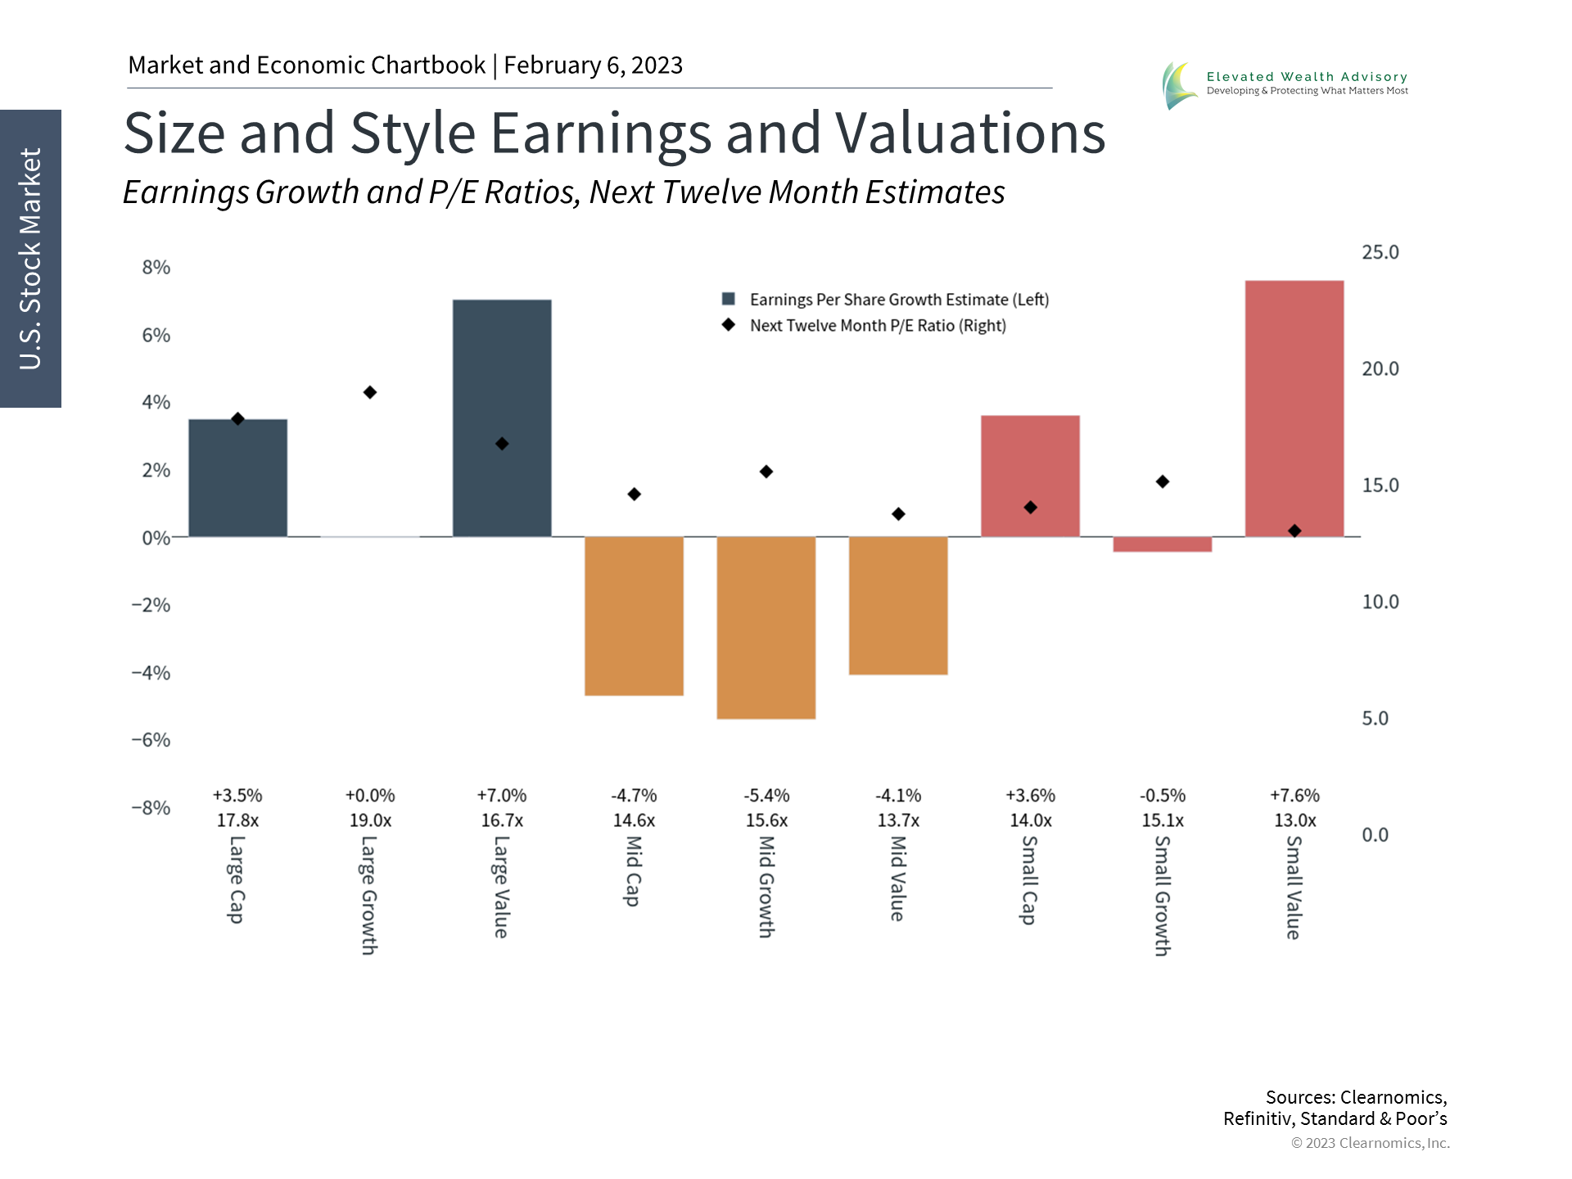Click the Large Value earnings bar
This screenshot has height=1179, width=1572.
pyautogui.click(x=502, y=418)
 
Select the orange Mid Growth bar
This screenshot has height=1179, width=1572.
pyautogui.click(x=766, y=627)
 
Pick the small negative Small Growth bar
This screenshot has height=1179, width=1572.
pyautogui.click(x=1162, y=544)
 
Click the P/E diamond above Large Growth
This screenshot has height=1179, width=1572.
pyautogui.click(x=370, y=393)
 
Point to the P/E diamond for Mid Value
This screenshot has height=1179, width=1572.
pyautogui.click(x=898, y=514)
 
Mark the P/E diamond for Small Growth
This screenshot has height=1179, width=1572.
pyautogui.click(x=1163, y=481)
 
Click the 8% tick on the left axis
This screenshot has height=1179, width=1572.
pyautogui.click(x=156, y=268)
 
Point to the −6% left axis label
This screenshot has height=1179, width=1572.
pyautogui.click(x=151, y=740)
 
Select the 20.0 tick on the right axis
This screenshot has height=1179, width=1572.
pyautogui.click(x=1380, y=369)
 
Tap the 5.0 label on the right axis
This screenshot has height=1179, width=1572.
pyautogui.click(x=1375, y=719)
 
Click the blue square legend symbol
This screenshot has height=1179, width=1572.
pyautogui.click(x=728, y=299)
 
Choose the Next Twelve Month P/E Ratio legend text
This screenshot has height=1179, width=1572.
pyautogui.click(x=878, y=326)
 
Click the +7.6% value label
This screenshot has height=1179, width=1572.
pyautogui.click(x=1294, y=796)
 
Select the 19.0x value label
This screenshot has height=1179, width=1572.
pyautogui.click(x=370, y=820)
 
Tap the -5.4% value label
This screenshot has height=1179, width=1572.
pyautogui.click(x=766, y=796)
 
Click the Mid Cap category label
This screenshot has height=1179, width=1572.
pyautogui.click(x=633, y=871)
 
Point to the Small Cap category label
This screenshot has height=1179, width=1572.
pyautogui.click(x=1029, y=880)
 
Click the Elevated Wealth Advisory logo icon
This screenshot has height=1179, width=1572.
pyautogui.click(x=1179, y=85)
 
